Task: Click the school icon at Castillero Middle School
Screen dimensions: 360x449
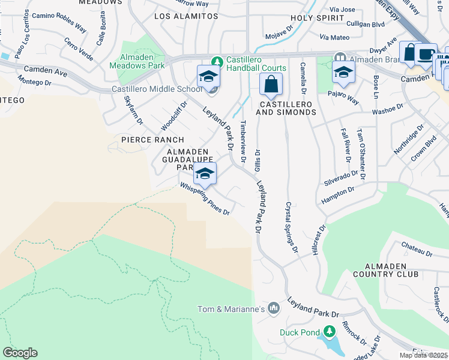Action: pyautogui.click(x=208, y=76)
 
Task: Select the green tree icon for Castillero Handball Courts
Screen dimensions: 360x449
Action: pyautogui.click(x=216, y=61)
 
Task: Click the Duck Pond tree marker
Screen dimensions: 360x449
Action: pyautogui.click(x=329, y=331)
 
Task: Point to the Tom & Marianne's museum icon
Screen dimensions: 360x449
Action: pyautogui.click(x=274, y=308)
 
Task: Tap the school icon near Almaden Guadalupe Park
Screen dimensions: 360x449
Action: pyautogui.click(x=205, y=174)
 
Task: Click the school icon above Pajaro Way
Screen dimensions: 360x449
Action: pyautogui.click(x=343, y=72)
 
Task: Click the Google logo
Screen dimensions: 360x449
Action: pyautogui.click(x=20, y=352)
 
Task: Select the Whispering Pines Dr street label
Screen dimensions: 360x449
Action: pyautogui.click(x=205, y=199)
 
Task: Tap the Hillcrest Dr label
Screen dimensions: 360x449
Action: pyautogui.click(x=318, y=241)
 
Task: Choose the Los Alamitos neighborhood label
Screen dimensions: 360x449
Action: pyautogui.click(x=186, y=16)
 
